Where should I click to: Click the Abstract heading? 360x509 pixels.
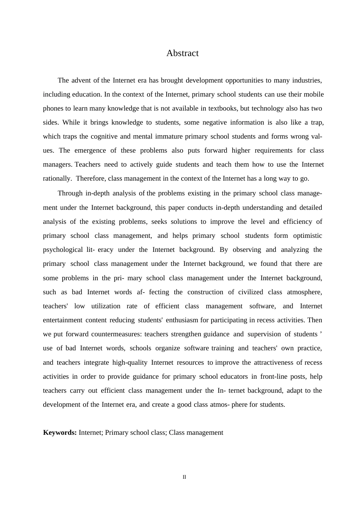click(x=182, y=53)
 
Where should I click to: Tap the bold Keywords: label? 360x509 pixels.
click(x=60, y=432)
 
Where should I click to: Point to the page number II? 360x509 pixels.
click(x=184, y=477)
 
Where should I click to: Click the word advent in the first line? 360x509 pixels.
click(x=81, y=80)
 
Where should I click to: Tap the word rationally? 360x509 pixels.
click(x=57, y=178)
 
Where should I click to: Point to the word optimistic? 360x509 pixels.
click(x=308, y=236)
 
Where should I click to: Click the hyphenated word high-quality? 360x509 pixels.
click(x=130, y=362)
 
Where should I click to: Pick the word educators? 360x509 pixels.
click(x=233, y=376)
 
